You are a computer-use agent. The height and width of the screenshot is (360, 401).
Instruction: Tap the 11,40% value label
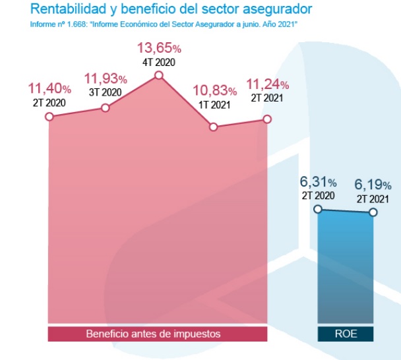(x=50, y=88)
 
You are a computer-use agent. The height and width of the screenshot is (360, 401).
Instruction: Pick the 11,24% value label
(x=267, y=84)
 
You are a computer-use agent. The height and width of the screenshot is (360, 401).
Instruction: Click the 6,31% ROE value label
(x=319, y=181)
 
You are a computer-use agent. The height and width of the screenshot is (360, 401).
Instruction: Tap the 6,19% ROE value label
(x=373, y=184)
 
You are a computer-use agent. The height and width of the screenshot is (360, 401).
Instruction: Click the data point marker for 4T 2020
(x=158, y=76)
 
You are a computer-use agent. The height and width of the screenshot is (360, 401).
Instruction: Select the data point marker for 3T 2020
(x=106, y=107)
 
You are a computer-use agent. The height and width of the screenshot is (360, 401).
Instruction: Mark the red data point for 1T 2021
(x=213, y=127)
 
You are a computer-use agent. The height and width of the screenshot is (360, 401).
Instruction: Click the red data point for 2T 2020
(x=49, y=117)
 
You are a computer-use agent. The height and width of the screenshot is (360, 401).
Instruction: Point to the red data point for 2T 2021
(x=267, y=119)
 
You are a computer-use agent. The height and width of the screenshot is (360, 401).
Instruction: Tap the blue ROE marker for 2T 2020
(x=318, y=209)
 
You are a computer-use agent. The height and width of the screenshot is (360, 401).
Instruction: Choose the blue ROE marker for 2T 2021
(x=373, y=212)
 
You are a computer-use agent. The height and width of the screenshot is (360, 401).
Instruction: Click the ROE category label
(x=346, y=334)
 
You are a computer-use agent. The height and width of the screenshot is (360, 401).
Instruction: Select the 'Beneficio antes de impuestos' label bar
(x=158, y=334)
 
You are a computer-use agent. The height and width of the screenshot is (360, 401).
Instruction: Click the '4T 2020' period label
(x=159, y=63)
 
